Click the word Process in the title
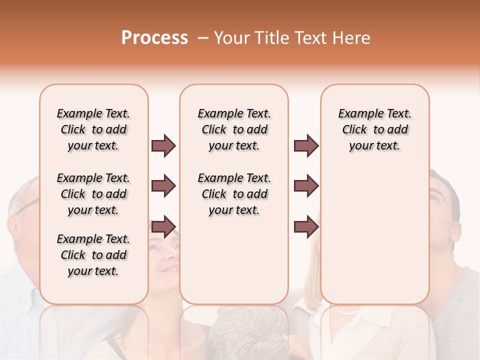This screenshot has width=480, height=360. [154, 38]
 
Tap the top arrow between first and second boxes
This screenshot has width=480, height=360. [163, 146]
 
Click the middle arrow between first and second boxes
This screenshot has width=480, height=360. [163, 186]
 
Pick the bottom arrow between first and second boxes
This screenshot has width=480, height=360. [163, 227]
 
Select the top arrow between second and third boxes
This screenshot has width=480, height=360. [306, 146]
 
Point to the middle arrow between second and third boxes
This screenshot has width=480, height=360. [306, 186]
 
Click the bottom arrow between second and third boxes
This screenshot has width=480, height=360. [306, 227]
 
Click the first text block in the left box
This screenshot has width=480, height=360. [93, 129]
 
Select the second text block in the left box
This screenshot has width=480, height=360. [93, 194]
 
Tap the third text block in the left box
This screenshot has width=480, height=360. [93, 255]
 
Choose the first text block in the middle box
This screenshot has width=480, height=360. [234, 129]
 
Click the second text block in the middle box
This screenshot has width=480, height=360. [234, 194]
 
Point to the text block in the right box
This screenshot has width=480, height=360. [374, 129]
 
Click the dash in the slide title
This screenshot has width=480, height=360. [202, 38]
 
